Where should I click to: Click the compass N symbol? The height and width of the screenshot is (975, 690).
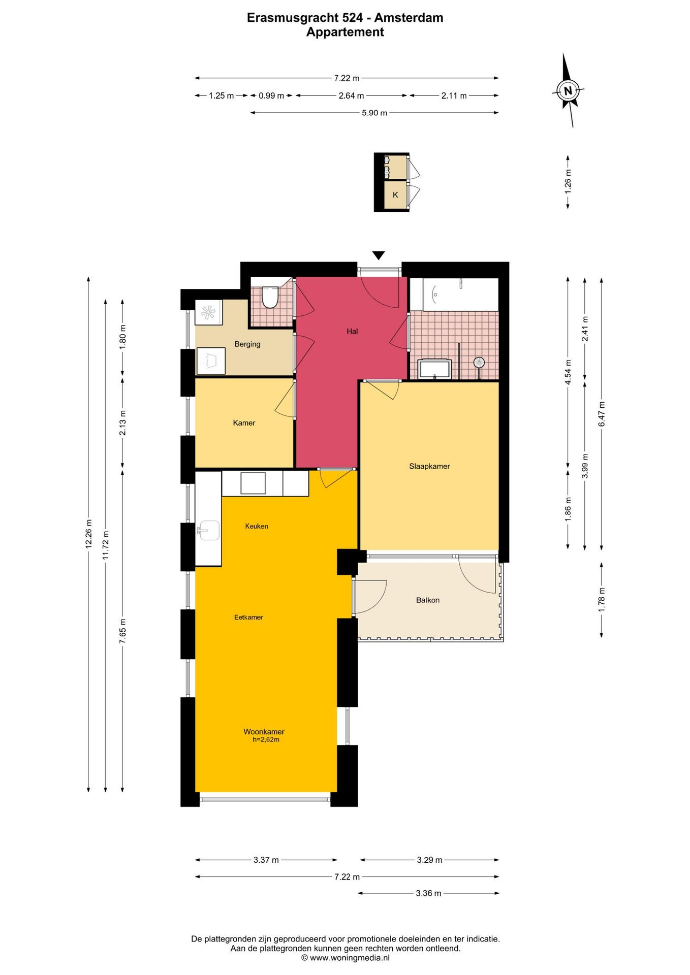coord(568,91)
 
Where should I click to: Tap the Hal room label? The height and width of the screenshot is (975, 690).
coord(352,331)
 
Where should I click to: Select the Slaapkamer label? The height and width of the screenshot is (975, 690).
coord(429,466)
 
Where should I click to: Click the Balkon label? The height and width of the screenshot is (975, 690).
coord(428,600)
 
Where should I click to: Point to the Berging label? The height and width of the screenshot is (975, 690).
coord(247,344)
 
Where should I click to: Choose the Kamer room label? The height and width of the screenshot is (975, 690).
coord(244,422)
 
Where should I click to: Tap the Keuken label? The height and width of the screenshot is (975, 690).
coord(257,526)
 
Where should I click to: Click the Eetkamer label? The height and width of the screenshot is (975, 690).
coord(248,617)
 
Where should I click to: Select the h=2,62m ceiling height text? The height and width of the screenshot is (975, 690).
coord(266,740)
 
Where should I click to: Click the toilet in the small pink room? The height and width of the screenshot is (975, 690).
coord(269,297)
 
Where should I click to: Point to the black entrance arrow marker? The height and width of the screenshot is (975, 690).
coord(379,255)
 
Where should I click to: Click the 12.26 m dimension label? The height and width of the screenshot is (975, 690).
coord(88,534)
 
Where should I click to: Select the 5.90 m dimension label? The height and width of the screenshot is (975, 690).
coord(374,113)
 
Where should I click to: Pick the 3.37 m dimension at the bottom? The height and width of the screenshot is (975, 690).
coord(266,860)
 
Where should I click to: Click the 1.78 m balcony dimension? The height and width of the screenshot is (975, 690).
coord(602,599)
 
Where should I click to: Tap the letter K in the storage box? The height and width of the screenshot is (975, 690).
coord(395,195)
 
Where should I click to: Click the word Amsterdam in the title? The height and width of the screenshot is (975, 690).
coord(409,18)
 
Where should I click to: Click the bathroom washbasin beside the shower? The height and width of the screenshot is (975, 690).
coord(434,369)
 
